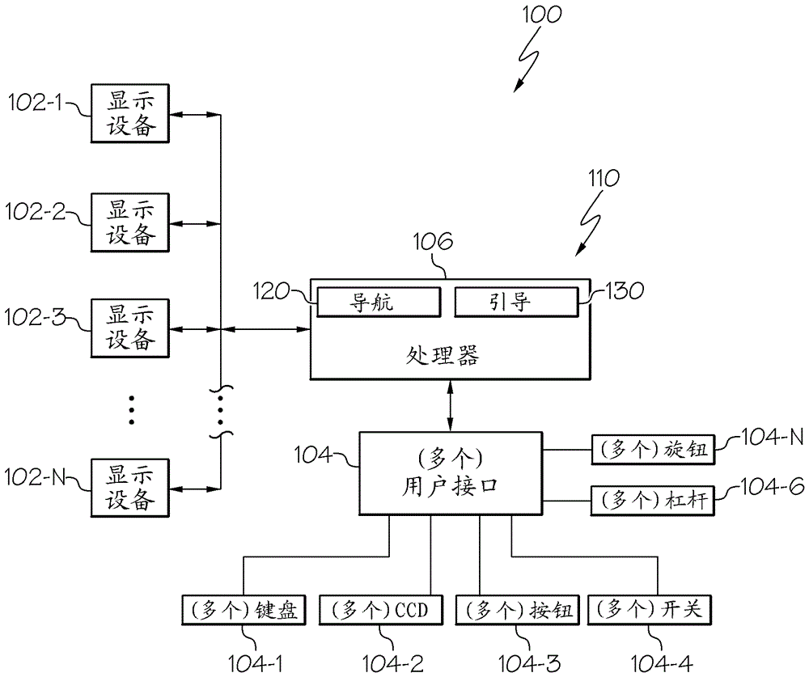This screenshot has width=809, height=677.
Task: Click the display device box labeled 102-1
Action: click(x=130, y=113)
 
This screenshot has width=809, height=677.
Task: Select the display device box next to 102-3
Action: click(x=130, y=328)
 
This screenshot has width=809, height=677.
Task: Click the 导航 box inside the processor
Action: click(x=379, y=303)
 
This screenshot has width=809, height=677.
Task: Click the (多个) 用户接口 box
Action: click(x=450, y=473)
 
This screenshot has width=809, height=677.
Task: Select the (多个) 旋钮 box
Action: click(x=654, y=450)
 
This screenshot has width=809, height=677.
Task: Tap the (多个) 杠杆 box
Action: click(x=654, y=500)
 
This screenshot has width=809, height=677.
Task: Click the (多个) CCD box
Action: click(x=382, y=611)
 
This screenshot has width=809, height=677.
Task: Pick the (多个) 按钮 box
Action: click(x=518, y=611)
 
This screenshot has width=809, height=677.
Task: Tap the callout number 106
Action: click(x=434, y=241)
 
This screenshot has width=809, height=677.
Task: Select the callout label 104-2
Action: click(x=394, y=663)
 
